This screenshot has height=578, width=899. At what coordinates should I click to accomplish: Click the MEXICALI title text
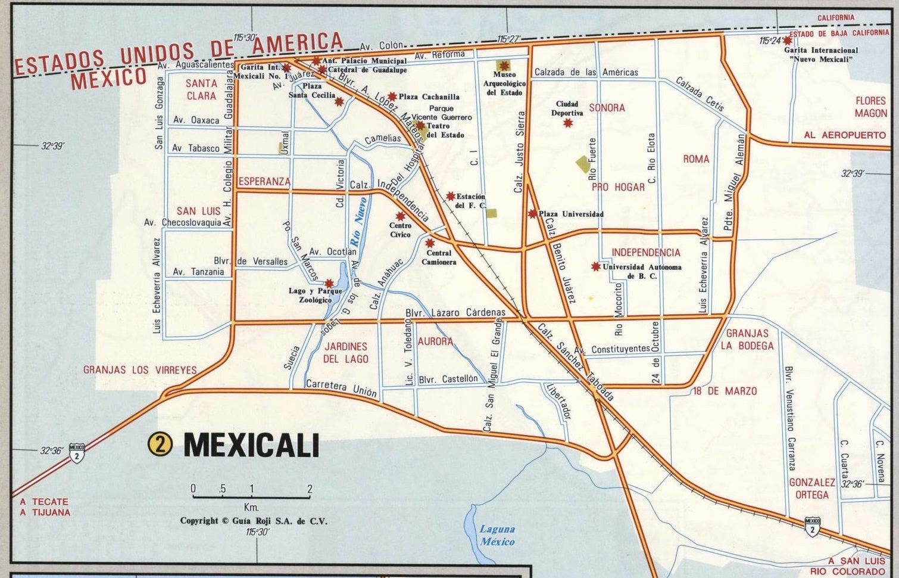click(x=251, y=445)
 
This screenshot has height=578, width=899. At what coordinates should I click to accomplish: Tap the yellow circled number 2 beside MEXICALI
click(x=160, y=444)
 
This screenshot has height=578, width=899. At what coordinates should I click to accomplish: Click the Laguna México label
click(x=497, y=535)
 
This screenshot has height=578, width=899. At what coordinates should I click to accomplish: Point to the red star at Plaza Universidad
click(x=532, y=213)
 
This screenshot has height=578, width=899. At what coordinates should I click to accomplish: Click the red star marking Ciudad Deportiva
click(x=568, y=123)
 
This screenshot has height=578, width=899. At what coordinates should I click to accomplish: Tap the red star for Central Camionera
click(x=430, y=243)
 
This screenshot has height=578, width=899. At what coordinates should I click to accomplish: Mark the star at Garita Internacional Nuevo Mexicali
click(x=788, y=41)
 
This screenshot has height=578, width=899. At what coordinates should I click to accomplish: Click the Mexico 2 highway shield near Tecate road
click(x=77, y=452)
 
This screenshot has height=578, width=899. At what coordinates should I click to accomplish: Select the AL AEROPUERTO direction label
click(x=844, y=135)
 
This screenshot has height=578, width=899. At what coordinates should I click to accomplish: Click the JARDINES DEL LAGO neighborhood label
click(x=346, y=352)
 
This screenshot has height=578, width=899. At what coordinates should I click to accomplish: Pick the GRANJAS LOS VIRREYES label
click(x=140, y=370)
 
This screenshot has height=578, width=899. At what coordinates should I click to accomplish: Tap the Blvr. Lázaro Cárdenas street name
click(x=455, y=312)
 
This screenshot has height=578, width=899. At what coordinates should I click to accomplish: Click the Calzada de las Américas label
click(x=586, y=72)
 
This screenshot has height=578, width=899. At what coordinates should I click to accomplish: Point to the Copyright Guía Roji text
click(x=254, y=521)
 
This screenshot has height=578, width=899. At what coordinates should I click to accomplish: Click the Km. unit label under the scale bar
click(x=251, y=508)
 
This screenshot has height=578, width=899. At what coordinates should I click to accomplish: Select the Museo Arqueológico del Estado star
click(x=504, y=65)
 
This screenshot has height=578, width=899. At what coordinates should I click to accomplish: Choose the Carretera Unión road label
click(x=341, y=388)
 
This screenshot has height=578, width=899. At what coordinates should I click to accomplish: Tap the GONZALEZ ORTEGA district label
click(x=812, y=488)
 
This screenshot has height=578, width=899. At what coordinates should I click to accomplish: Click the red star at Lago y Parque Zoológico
click(x=329, y=283)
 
